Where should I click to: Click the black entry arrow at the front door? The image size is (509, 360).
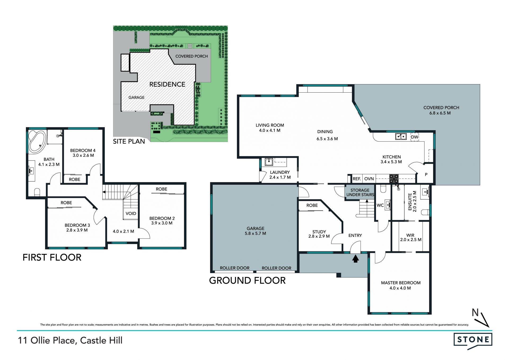pyautogui.click(x=355, y=258)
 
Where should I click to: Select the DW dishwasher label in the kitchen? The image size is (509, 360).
pyautogui.click(x=414, y=137)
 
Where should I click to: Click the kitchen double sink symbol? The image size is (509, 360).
pyautogui.click(x=401, y=136)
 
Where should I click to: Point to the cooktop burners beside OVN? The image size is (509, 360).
pyautogui.click(x=394, y=179)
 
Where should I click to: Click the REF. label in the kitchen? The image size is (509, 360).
pyautogui.click(x=357, y=179)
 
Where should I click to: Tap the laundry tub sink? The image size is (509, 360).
pyautogui.click(x=269, y=162)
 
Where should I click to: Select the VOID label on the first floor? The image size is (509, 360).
pyautogui.click(x=131, y=213)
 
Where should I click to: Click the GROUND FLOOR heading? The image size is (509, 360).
pyautogui.click(x=247, y=280)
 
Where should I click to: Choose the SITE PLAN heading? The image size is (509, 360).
pyautogui.click(x=129, y=141)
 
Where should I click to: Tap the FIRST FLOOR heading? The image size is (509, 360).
pyautogui.click(x=52, y=257)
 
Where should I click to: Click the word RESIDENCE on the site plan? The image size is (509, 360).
pyautogui.click(x=167, y=84)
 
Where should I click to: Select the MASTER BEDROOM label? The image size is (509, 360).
pyautogui.click(x=401, y=283)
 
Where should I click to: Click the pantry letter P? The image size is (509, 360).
pyautogui.click(x=426, y=175)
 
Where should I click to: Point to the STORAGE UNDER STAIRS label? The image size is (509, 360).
pyautogui.click(x=360, y=192)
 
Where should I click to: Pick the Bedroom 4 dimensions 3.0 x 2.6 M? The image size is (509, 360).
pyautogui.click(x=83, y=155)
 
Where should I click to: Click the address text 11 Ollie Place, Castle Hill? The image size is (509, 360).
pyautogui.click(x=70, y=340)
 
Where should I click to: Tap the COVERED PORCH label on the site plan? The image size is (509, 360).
pyautogui.click(x=191, y=56)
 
